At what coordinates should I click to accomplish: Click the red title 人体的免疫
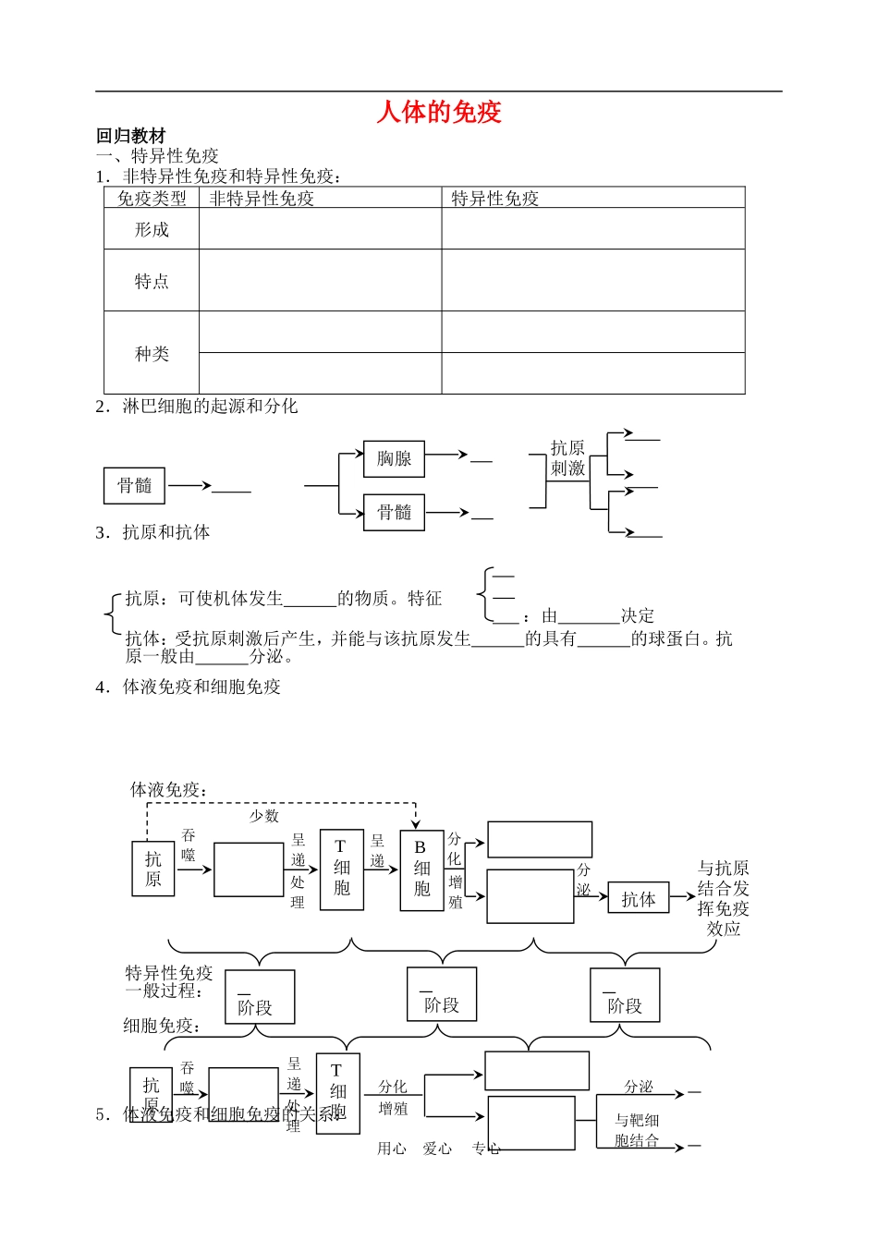(x=439, y=112)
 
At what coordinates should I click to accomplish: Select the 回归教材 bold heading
(x=130, y=136)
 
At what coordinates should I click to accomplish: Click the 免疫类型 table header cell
(x=152, y=198)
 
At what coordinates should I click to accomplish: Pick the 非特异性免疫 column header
(x=262, y=198)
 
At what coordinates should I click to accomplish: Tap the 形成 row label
(x=152, y=229)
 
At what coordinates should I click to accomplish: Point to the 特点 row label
(x=152, y=281)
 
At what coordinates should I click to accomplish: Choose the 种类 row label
(x=152, y=353)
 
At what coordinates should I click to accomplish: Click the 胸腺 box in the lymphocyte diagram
(x=394, y=458)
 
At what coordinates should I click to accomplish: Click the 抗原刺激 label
(x=567, y=458)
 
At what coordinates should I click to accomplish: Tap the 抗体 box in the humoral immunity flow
(x=638, y=899)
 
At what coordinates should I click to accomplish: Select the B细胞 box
(x=421, y=869)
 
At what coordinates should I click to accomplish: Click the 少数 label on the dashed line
(x=264, y=816)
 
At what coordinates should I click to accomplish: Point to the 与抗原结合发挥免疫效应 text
(x=723, y=898)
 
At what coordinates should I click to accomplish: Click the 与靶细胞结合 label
(x=637, y=1130)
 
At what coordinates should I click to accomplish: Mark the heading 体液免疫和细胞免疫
(x=201, y=687)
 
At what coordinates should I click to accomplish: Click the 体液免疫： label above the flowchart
(x=169, y=789)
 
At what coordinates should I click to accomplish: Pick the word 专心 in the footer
(x=486, y=1149)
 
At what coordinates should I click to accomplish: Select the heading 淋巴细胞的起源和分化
(x=210, y=406)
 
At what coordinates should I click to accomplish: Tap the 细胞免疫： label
(x=163, y=1026)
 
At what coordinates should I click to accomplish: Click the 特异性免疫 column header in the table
(x=494, y=198)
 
